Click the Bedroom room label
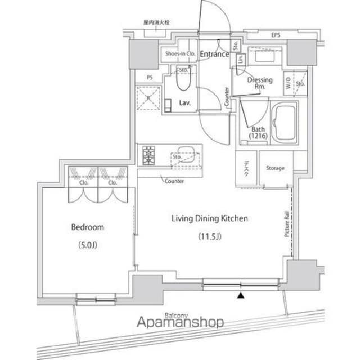click(87, 227)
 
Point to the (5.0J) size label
click(87, 245)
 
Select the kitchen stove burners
click(149, 156)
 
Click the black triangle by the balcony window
click(241, 295)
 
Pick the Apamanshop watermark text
click(181, 322)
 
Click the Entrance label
click(214, 55)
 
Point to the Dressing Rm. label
click(260, 83)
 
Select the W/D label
click(289, 83)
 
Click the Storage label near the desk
click(275, 168)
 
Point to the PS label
click(150, 77)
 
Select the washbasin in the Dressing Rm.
click(264, 57)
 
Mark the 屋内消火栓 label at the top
click(155, 23)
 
